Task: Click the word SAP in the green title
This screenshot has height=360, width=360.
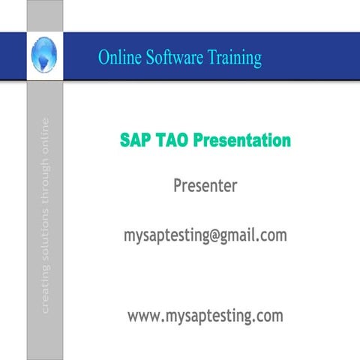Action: [135, 140]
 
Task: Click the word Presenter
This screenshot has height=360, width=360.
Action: [205, 185]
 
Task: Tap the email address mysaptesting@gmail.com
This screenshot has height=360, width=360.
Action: [205, 235]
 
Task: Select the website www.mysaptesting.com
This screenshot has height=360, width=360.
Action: [205, 316]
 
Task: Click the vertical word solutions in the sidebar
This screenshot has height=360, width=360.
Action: [46, 238]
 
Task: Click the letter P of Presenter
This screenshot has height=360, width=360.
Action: [178, 184]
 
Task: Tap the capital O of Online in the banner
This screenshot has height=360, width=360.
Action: [103, 57]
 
